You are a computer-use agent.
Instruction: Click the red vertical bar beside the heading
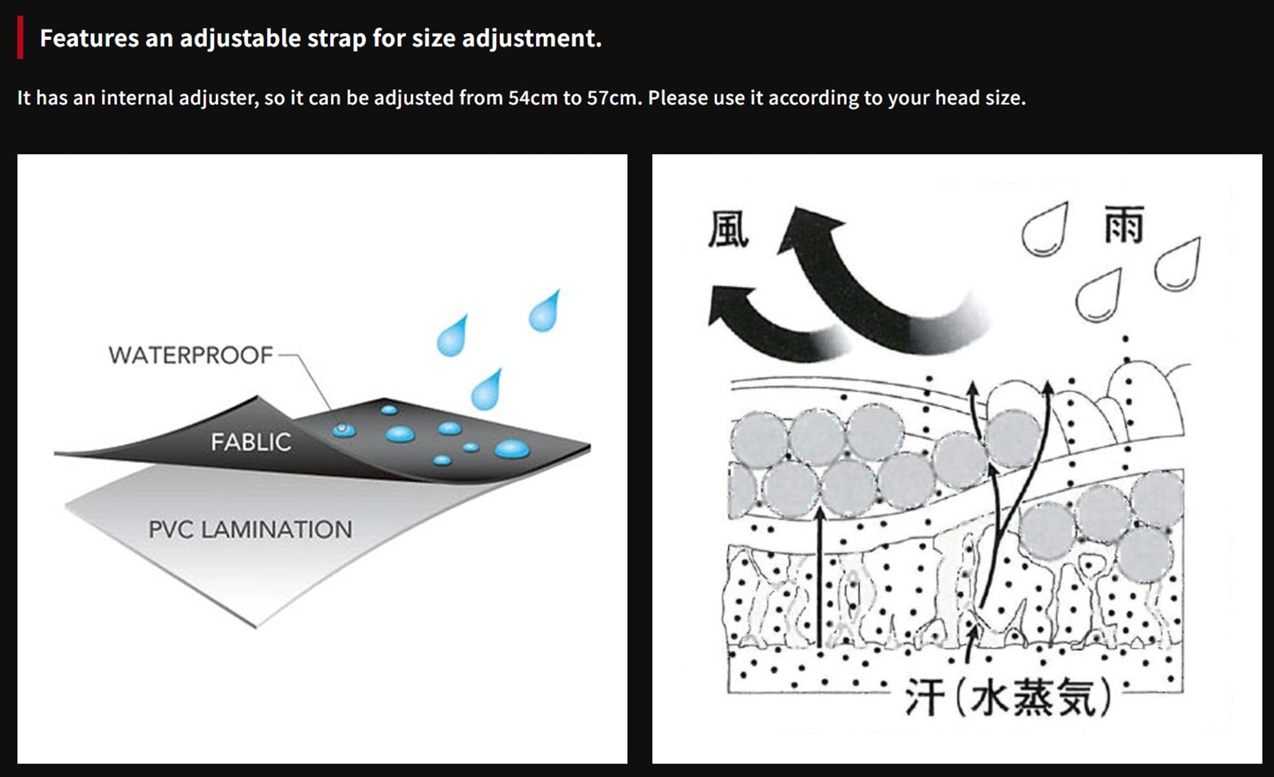(20, 38)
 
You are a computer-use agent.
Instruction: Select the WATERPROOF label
(190, 355)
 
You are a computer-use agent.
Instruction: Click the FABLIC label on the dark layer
(251, 442)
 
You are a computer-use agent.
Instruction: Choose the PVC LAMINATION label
(250, 529)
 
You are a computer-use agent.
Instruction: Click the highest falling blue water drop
(545, 311)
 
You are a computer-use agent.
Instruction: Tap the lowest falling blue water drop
(487, 389)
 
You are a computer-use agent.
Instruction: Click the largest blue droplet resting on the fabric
(512, 449)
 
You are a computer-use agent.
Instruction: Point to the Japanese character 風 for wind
(729, 229)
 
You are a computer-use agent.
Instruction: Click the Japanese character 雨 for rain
(1124, 224)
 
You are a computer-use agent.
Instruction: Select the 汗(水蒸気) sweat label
(1008, 697)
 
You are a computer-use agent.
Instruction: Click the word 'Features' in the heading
(89, 38)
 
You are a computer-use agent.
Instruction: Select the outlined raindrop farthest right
(1178, 264)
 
